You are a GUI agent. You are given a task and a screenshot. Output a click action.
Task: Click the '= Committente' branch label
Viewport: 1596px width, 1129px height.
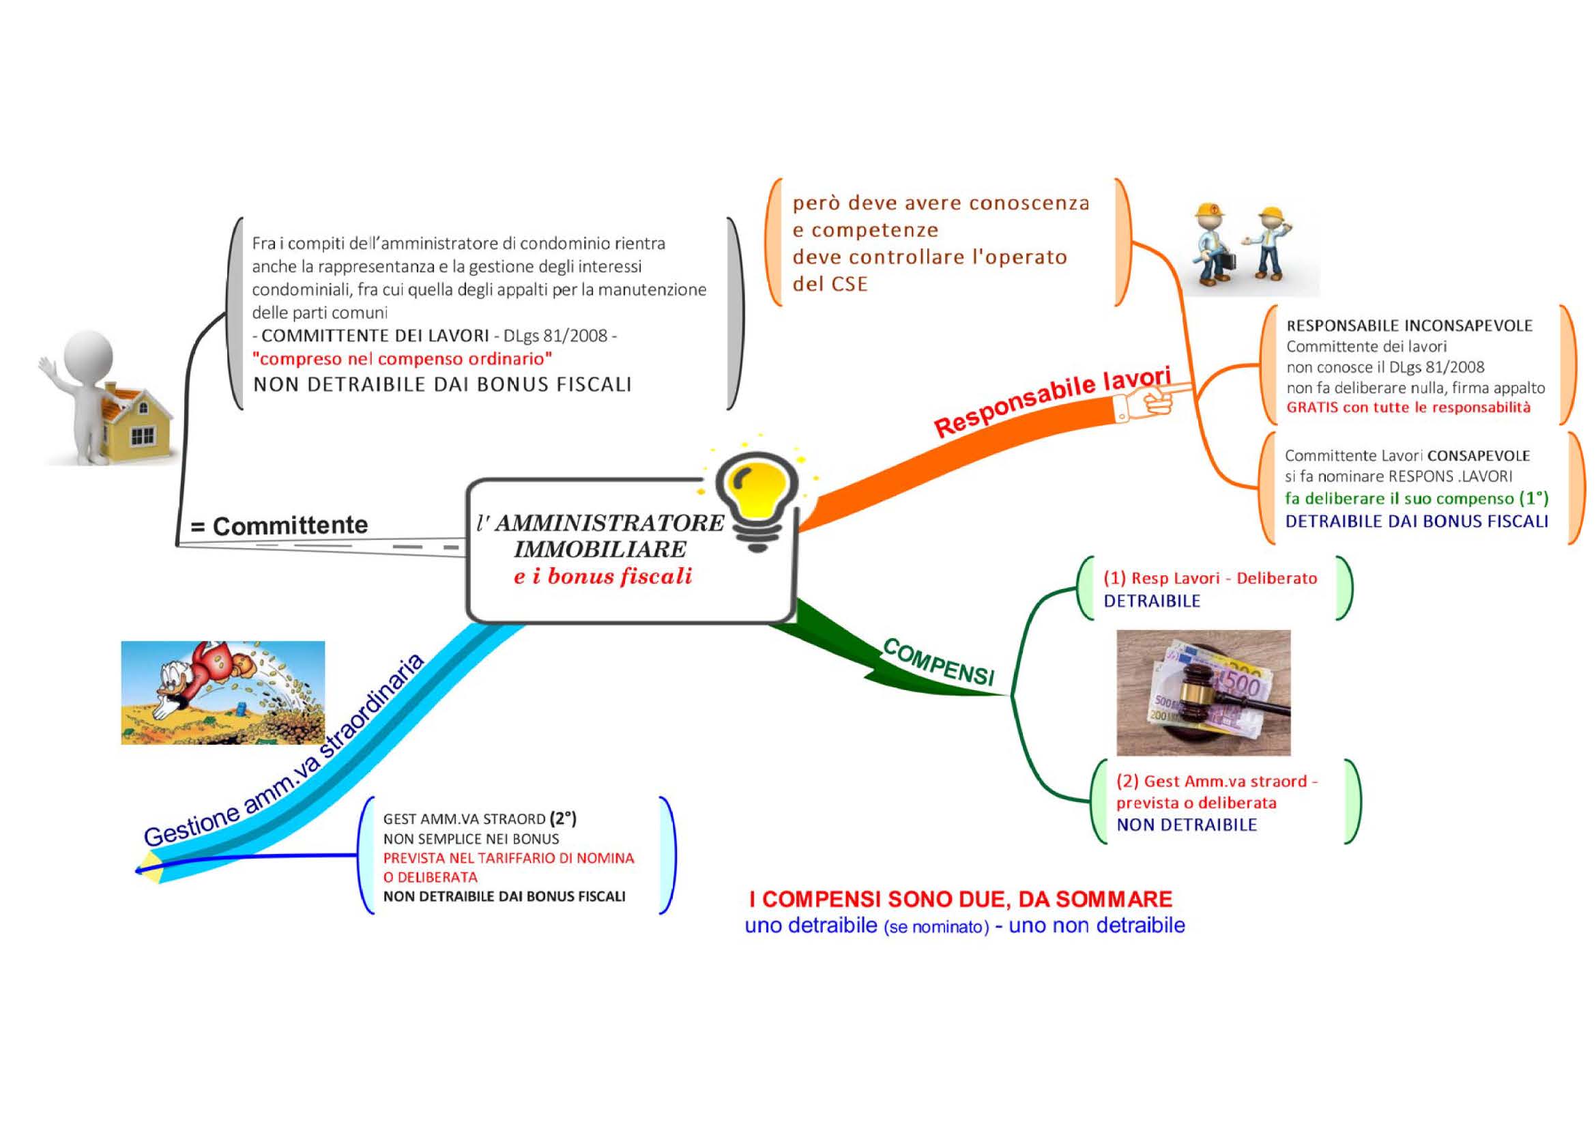[280, 526]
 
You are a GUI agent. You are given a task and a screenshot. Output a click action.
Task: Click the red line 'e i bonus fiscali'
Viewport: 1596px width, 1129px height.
[603, 576]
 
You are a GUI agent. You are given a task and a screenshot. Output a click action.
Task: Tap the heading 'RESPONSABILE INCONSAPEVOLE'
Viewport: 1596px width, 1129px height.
[1410, 326]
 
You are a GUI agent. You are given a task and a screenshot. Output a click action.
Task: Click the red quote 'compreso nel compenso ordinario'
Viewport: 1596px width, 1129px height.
[403, 359]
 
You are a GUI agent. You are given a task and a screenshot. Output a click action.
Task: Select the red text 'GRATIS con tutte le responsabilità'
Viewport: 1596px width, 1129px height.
[1408, 408]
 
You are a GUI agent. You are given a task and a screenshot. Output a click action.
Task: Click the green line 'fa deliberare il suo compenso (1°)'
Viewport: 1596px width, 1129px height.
[1417, 498]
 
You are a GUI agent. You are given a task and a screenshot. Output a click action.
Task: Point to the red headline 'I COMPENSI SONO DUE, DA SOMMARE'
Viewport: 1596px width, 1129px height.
[961, 899]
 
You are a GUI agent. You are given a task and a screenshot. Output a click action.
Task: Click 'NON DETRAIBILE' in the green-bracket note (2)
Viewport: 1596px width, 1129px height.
[1187, 825]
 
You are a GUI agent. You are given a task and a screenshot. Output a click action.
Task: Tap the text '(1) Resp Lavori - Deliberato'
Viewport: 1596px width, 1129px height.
[1210, 578]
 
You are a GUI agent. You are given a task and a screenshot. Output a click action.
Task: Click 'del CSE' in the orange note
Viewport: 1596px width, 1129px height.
[830, 284]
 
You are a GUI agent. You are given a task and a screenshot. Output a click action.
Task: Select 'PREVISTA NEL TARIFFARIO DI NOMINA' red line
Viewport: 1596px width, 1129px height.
[509, 858]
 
